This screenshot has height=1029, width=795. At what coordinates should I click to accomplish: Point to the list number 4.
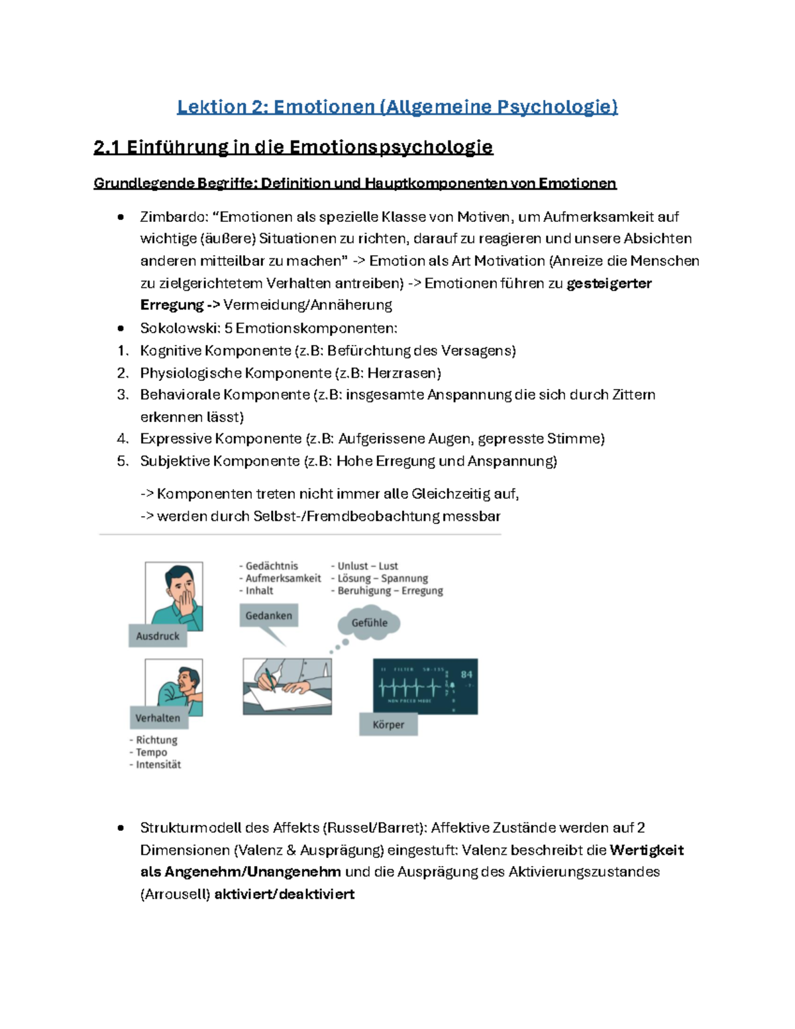click(x=122, y=439)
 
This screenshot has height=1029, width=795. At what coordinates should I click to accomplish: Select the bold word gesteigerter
click(x=609, y=284)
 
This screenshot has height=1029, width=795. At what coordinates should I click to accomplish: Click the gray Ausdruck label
click(x=158, y=636)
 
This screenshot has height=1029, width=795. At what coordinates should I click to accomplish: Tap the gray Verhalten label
click(x=158, y=718)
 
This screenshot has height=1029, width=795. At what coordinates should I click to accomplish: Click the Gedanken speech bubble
click(x=268, y=616)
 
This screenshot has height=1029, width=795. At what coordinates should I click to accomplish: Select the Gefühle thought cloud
click(x=369, y=623)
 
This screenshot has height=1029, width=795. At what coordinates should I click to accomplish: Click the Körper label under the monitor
click(x=388, y=725)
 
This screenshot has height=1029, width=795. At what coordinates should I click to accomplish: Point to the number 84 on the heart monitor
click(x=466, y=675)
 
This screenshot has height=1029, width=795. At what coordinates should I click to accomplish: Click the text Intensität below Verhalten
click(x=158, y=765)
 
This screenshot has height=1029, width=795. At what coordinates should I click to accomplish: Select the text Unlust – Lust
click(x=368, y=566)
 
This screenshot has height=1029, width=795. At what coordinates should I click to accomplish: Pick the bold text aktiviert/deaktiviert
click(x=284, y=894)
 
